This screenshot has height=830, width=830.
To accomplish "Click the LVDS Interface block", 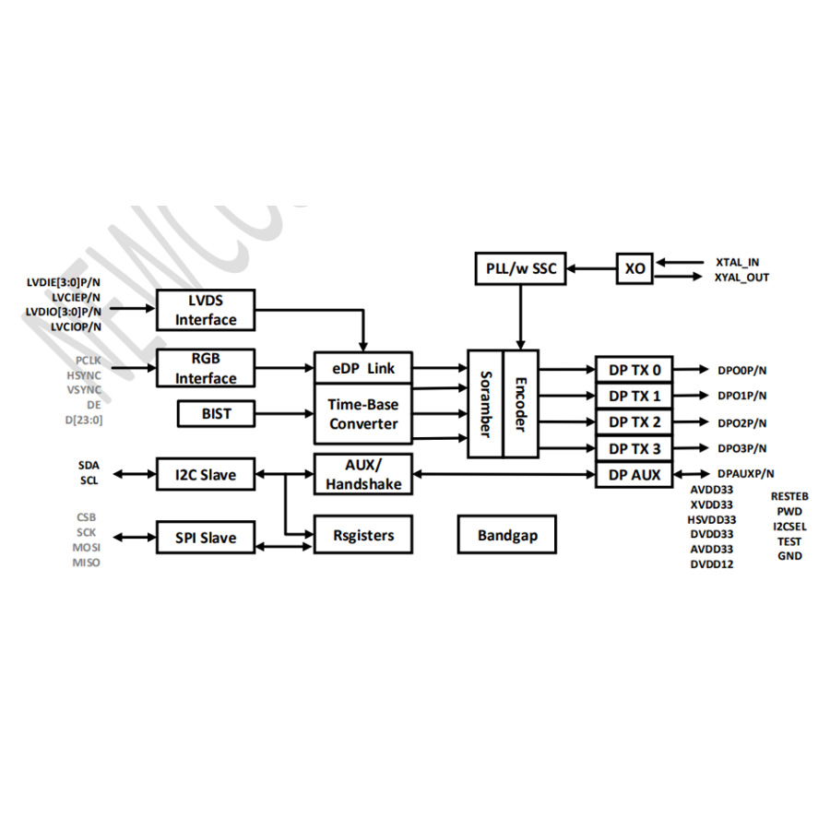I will pos(206,310).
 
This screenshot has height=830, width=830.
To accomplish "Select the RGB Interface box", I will pos(206,368).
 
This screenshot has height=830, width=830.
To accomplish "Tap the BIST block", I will pos(216,414).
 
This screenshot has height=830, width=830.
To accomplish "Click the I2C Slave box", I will pos(205,475).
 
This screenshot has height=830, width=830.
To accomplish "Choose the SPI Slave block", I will pos(205,538).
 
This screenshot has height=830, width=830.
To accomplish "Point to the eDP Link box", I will pos(362,368).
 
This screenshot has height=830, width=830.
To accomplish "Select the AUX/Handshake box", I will pos(362,474).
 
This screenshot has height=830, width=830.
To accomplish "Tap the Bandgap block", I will pos(507,535).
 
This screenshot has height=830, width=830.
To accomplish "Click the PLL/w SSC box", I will pos(520,268).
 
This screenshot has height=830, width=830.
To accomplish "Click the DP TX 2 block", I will pos(634,422).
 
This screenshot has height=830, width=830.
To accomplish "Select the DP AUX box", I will pos(634,475).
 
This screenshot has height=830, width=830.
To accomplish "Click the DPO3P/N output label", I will pos(742,448).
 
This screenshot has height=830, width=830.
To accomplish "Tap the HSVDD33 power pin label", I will pos(712,519).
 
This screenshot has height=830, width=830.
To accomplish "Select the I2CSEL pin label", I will pos(789,526).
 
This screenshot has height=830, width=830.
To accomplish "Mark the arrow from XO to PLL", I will pos(591,268).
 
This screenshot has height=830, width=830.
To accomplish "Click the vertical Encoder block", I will pos(520,403).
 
